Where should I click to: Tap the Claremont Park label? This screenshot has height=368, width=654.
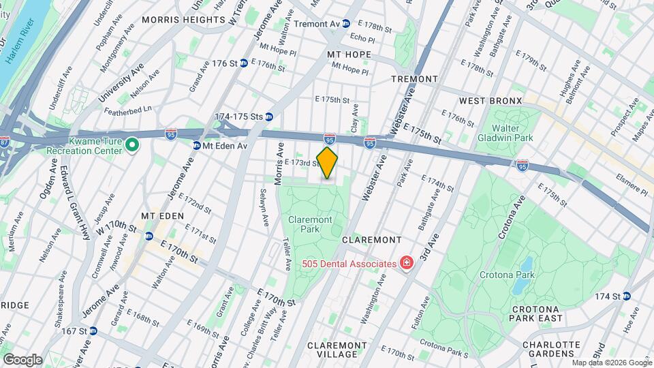(310, 225)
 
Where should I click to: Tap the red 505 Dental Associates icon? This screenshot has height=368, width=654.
(407, 263)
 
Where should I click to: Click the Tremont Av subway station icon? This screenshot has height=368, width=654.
(346, 23)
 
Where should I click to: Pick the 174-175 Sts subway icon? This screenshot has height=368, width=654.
(269, 117)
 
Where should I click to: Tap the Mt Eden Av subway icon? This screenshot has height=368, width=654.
(196, 144)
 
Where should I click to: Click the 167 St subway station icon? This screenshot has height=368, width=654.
(93, 331)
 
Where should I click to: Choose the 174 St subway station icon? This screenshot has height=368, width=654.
(626, 296)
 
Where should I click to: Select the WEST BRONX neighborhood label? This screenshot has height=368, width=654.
(490, 101)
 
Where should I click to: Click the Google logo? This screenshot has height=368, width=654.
(22, 359)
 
